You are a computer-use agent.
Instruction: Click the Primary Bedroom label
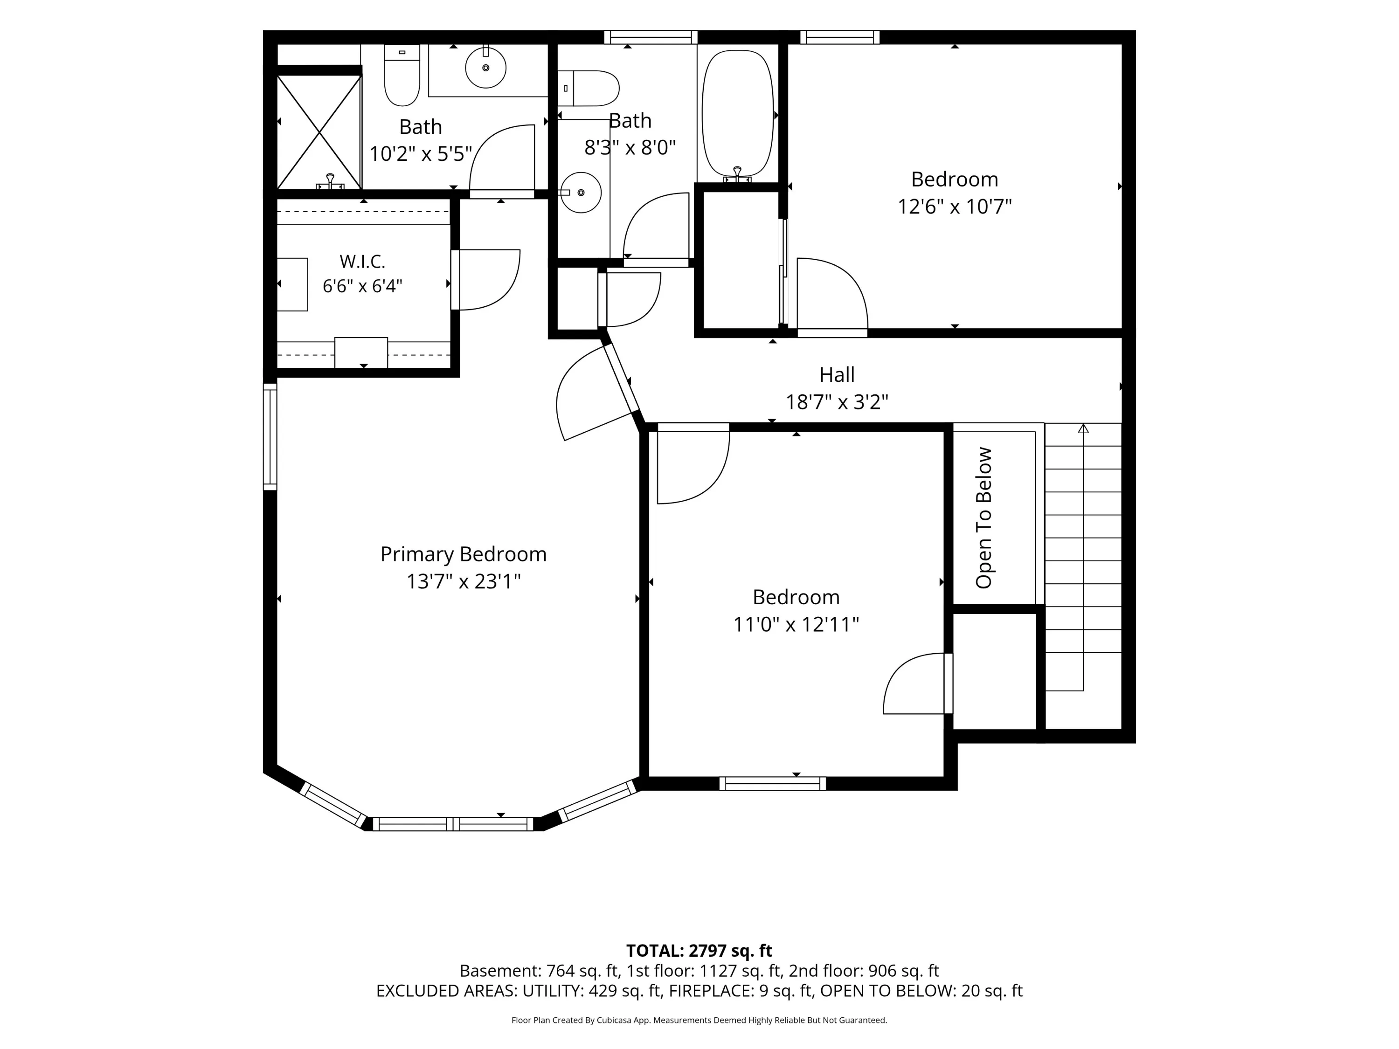tap(463, 554)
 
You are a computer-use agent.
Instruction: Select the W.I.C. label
tap(362, 261)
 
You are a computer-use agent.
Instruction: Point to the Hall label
tap(837, 375)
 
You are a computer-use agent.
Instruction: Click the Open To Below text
tap(983, 518)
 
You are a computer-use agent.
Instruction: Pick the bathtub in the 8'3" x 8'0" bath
tap(737, 114)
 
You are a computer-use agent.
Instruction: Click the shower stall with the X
tap(319, 132)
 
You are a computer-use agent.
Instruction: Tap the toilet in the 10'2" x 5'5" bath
tap(402, 75)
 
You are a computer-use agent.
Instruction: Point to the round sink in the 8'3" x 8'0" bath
tap(581, 192)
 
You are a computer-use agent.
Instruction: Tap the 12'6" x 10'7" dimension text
tap(955, 207)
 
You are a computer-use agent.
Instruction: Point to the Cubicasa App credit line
tap(699, 1020)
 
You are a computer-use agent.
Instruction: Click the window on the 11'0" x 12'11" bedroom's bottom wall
tap(772, 783)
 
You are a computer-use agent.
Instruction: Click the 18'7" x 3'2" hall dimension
tap(837, 402)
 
